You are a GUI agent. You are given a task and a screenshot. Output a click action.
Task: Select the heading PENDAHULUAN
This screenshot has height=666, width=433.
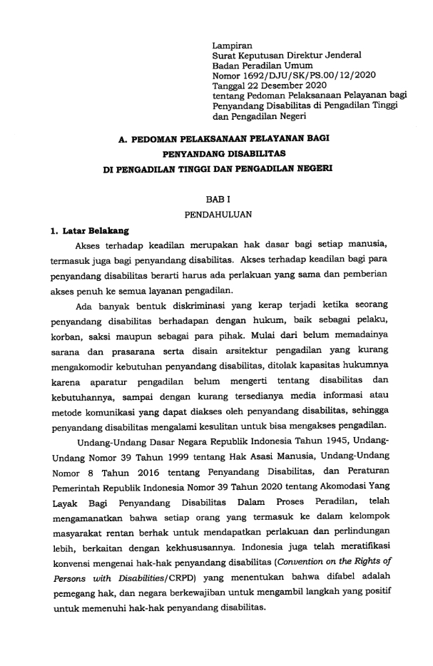coord(215,214)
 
